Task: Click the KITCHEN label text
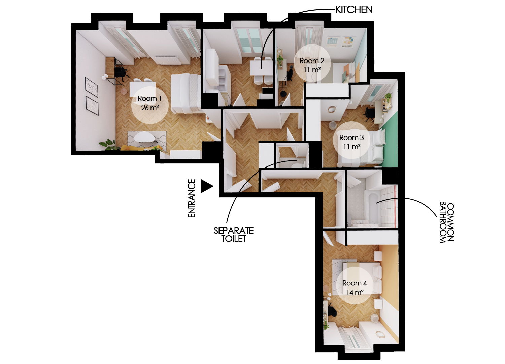pos(354,10)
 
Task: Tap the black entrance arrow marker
pos(207,186)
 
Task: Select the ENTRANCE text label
pos(192,198)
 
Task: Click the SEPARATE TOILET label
pos(234,235)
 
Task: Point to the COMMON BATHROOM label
pos(447,222)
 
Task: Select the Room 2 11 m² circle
pos(312,65)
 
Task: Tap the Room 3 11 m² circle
pos(351,142)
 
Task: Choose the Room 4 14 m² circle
pos(355,287)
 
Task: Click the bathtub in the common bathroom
pos(372,206)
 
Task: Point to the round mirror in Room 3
pos(332,109)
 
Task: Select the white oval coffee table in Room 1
pos(144,137)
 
